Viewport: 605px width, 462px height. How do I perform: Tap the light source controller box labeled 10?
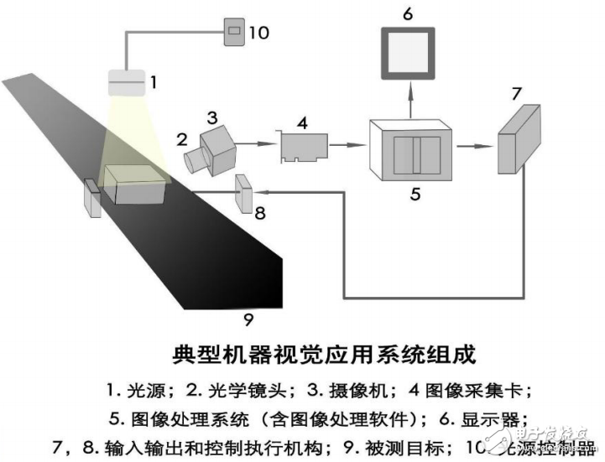click(x=234, y=33)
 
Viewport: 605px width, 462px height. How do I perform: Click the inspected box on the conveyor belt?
click(x=133, y=184)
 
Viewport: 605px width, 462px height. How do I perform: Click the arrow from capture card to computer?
click(x=352, y=146)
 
